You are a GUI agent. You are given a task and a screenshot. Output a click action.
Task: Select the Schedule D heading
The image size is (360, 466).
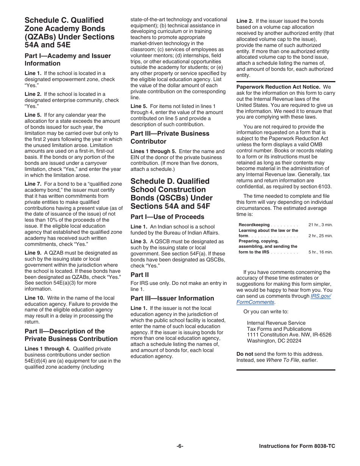[x=171, y=194]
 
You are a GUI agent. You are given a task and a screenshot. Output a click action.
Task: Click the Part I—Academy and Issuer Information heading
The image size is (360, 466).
[x=68, y=59]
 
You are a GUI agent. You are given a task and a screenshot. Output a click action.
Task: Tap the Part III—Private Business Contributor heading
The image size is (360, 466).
[x=170, y=138]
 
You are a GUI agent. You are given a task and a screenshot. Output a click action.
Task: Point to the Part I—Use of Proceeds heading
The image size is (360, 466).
[x=167, y=217]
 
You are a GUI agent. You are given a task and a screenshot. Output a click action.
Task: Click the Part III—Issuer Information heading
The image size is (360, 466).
[x=172, y=298]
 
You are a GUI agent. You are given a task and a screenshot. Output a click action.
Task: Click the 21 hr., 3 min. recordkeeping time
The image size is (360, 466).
[x=320, y=225]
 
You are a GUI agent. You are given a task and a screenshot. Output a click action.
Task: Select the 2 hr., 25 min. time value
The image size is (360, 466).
[x=320, y=236]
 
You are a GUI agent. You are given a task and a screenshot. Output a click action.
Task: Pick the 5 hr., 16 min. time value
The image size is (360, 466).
[x=320, y=252]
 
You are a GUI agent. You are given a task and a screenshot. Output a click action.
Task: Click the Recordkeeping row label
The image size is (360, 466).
[x=254, y=225]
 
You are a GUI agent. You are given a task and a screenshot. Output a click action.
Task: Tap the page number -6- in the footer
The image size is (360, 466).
[x=180, y=446]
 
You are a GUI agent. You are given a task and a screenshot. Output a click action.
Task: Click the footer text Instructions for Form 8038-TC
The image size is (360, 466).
[x=297, y=446]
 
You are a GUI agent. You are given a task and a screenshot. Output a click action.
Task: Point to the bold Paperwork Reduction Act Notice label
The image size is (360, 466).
[x=279, y=87]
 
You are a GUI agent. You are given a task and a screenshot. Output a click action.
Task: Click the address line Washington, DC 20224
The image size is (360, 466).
[x=274, y=341]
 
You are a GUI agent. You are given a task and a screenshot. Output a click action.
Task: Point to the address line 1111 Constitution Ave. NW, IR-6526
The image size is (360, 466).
[x=289, y=335]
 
